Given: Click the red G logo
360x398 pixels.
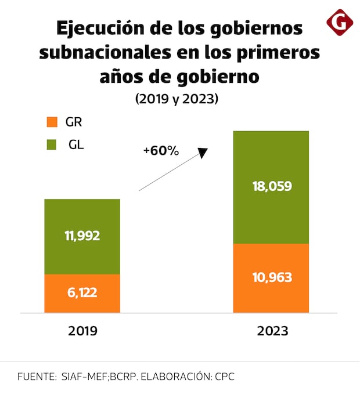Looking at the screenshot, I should tap(340, 21).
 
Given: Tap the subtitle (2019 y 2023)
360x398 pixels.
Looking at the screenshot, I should tap(177, 99).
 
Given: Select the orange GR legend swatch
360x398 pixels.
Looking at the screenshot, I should tap(52, 122).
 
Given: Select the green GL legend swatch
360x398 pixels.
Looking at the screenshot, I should tap(52, 144).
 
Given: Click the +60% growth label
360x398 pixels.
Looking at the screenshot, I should tap(161, 151).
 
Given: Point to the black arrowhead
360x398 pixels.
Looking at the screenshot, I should tap(203, 153).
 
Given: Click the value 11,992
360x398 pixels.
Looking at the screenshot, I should tap(82, 236).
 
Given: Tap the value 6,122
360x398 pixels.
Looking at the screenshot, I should tap(82, 292).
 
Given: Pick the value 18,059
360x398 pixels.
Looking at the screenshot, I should tap(271, 187).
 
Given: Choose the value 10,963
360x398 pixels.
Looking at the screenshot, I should tap(271, 277).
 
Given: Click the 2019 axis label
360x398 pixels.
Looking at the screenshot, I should tap(82, 331).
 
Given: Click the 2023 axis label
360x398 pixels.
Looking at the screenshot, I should tap(271, 331).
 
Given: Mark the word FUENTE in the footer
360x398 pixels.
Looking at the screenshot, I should tap(35, 377).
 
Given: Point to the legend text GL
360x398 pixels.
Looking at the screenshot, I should tap(76, 144).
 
